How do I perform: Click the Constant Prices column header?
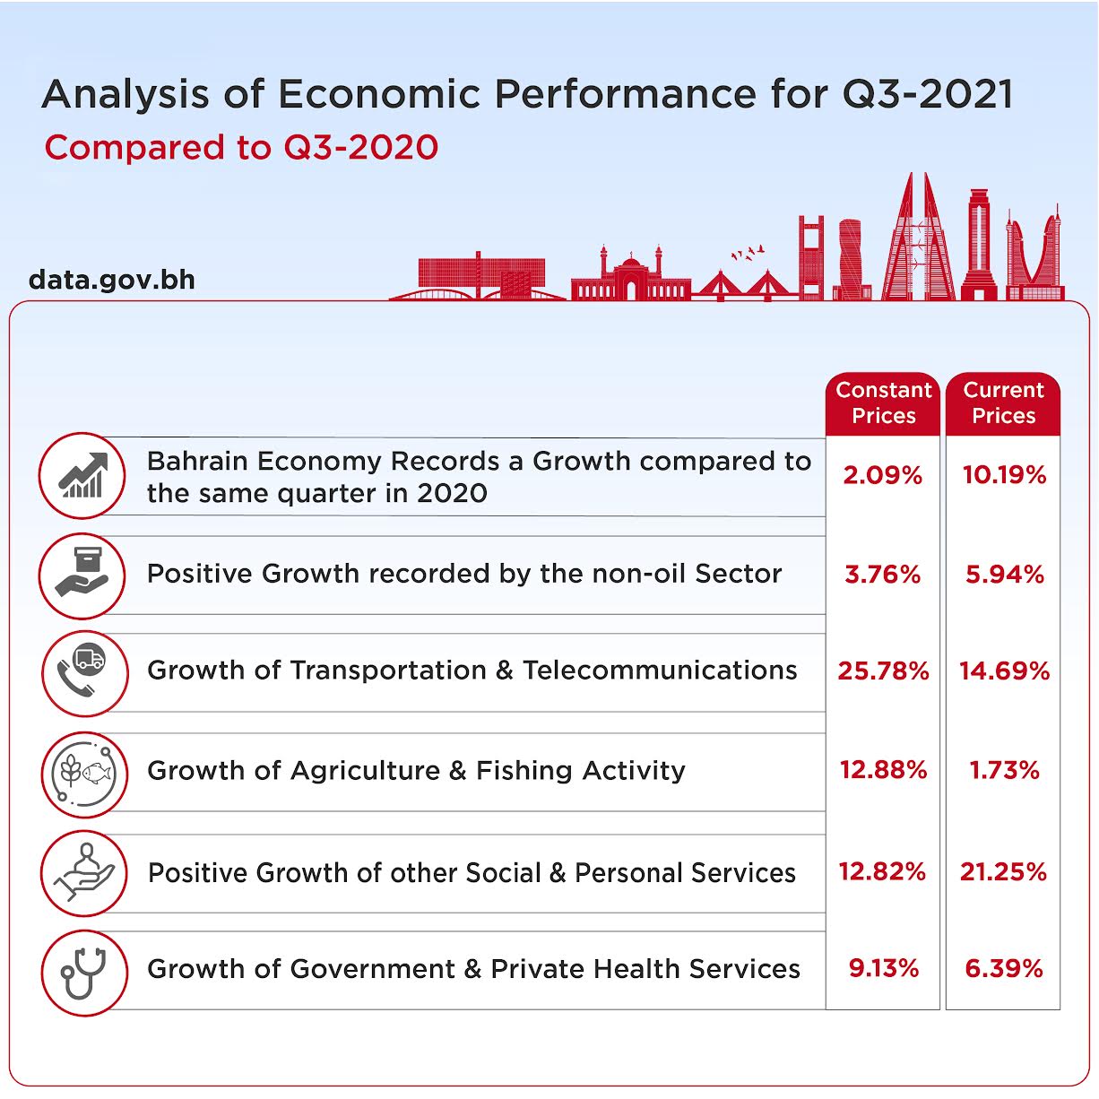[x=883, y=402]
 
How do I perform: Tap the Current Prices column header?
[x=1003, y=402]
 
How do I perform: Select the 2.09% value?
[x=882, y=475]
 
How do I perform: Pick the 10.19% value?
[x=1004, y=475]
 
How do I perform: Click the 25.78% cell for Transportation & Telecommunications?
[x=883, y=671]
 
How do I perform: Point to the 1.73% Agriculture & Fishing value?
[x=1004, y=770]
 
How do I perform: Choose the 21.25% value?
[x=1003, y=871]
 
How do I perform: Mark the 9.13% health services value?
[x=883, y=968]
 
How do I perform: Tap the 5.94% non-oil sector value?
[x=1004, y=574]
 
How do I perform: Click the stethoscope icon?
[x=83, y=973]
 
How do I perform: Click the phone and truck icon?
[x=83, y=672]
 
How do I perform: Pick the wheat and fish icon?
[x=83, y=772]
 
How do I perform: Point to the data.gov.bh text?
[x=112, y=280]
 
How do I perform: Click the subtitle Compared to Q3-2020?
[x=241, y=148]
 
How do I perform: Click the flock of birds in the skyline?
[x=748, y=253]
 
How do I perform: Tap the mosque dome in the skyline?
[x=631, y=265]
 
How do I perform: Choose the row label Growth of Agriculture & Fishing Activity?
[x=416, y=771]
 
